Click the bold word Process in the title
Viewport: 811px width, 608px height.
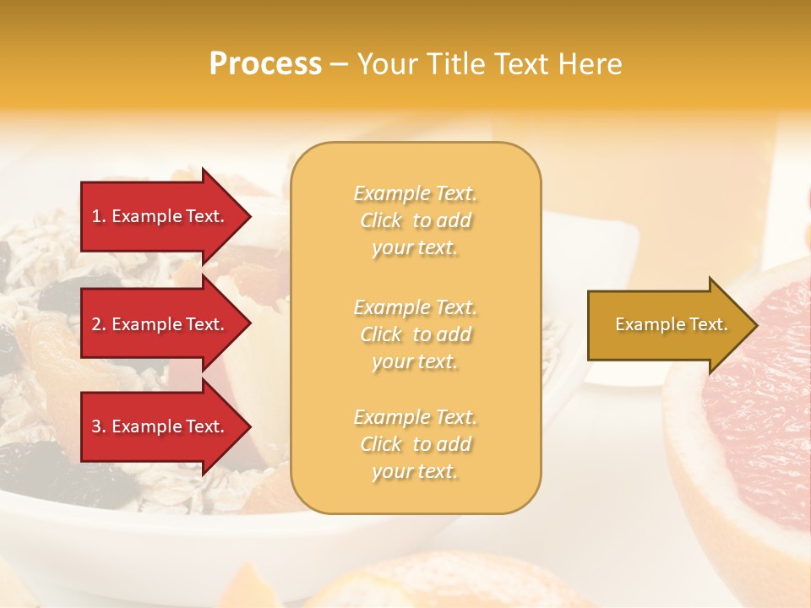coord(265,63)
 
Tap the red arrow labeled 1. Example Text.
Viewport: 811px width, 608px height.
coord(161,216)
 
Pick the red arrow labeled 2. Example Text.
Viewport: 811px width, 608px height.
coord(161,324)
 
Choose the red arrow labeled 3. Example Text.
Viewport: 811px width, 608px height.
coord(161,426)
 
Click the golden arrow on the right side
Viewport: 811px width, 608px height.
coord(667,324)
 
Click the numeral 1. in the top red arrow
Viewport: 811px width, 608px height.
coord(98,216)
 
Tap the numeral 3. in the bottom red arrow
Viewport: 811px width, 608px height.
coord(98,426)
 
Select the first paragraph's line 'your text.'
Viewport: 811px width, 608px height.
coord(415,248)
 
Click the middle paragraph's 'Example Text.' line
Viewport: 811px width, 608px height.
coord(415,307)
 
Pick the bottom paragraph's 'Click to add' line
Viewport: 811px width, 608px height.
coord(415,444)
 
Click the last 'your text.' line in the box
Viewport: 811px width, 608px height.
coord(415,472)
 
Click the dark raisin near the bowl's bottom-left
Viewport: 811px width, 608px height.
coord(51,473)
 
